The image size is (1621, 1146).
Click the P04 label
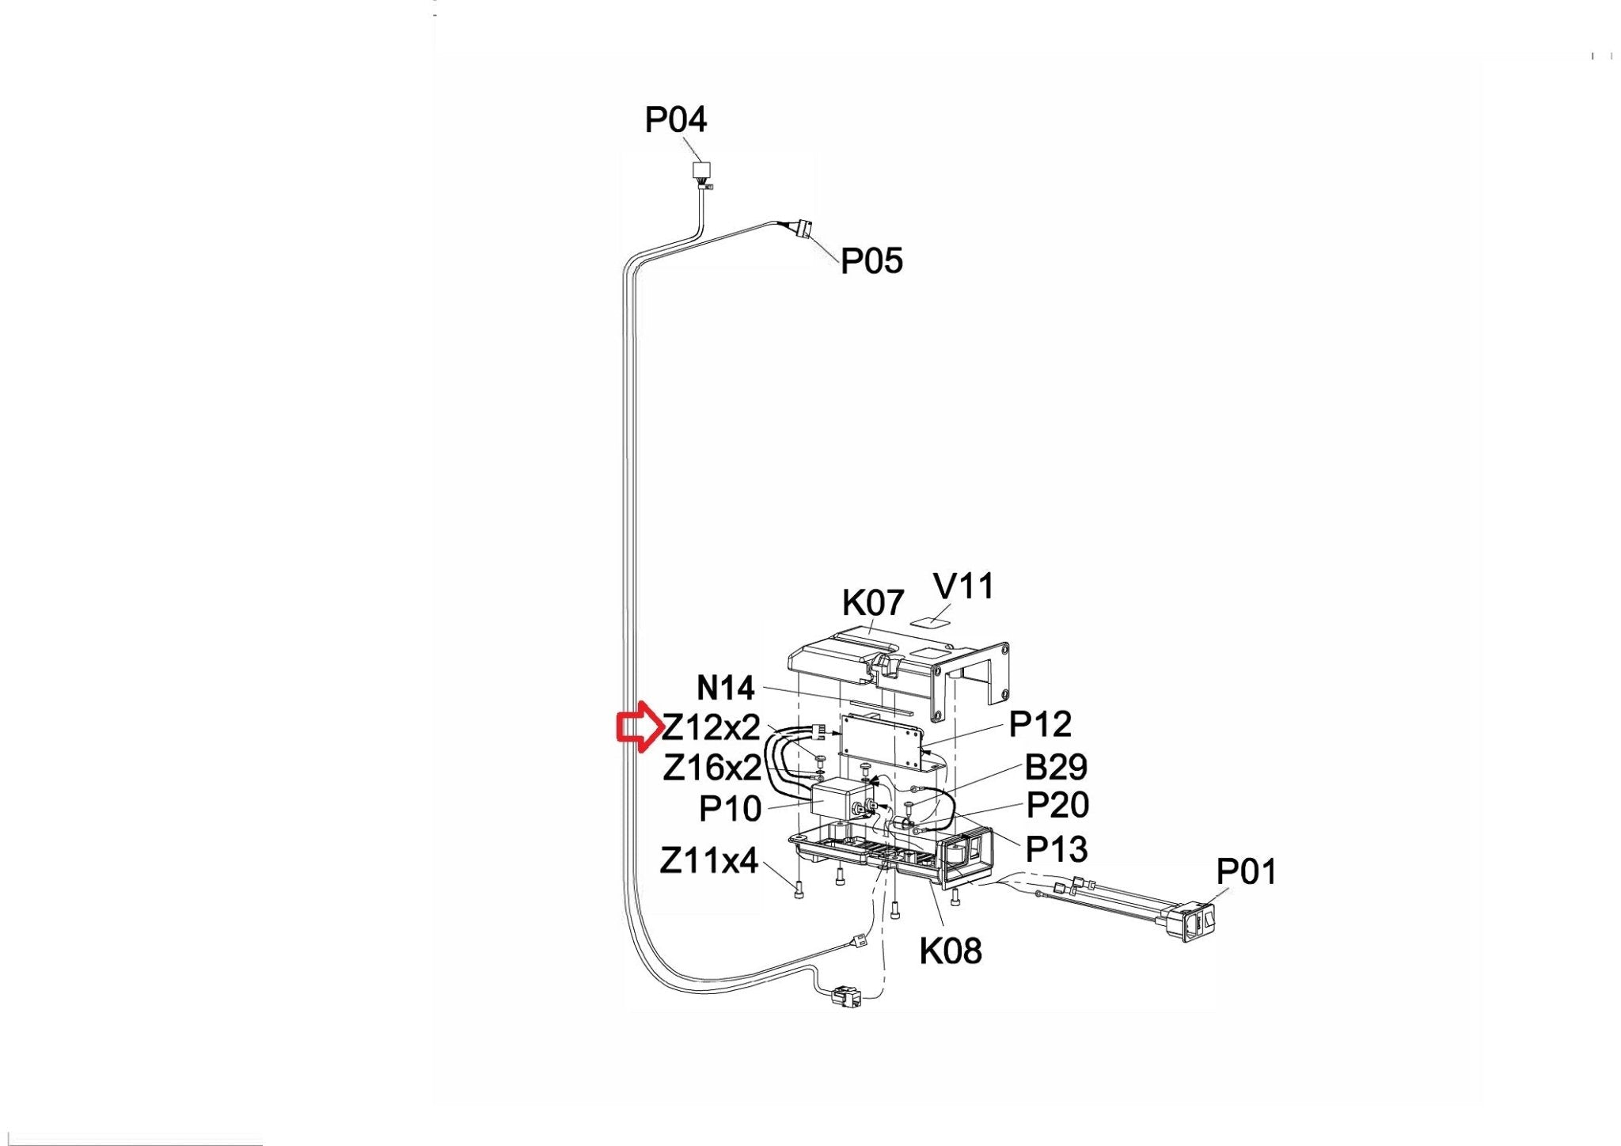[675, 120]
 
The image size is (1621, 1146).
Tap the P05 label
[871, 261]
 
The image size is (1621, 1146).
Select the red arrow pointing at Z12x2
[638, 727]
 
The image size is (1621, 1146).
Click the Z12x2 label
[711, 727]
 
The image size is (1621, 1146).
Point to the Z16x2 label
[712, 767]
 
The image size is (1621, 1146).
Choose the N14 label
[725, 688]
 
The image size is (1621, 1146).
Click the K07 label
[872, 603]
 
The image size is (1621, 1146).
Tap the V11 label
[963, 586]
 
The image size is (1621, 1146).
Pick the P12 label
[1040, 724]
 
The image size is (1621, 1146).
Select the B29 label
[1056, 767]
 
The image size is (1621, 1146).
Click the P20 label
[1057, 806]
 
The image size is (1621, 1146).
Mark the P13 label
[1056, 849]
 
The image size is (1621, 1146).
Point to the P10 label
[730, 809]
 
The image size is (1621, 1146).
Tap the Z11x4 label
[708, 860]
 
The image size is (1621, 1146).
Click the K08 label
[950, 951]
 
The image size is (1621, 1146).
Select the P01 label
[1246, 872]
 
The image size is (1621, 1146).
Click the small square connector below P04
[701, 169]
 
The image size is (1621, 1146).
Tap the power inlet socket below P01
[1195, 923]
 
